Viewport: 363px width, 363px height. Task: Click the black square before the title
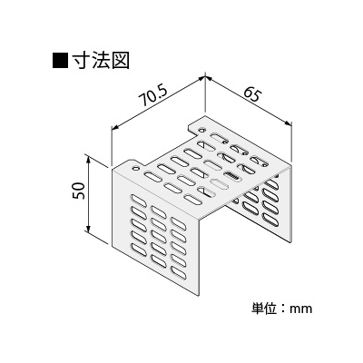pyautogui.click(x=61, y=62)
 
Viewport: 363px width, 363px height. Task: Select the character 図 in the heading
pyautogui.click(x=121, y=61)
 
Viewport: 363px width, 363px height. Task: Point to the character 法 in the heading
pyautogui.click(x=102, y=61)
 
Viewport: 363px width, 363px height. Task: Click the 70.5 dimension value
pyautogui.click(x=153, y=97)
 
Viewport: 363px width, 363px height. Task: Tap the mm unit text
pyautogui.click(x=300, y=309)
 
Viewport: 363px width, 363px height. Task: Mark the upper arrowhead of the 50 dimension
pyautogui.click(x=88, y=160)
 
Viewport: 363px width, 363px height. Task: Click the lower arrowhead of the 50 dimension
pyautogui.click(x=88, y=229)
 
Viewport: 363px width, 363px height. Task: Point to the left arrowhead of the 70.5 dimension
pyautogui.click(x=116, y=127)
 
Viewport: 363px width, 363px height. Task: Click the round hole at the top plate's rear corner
pyautogui.click(x=201, y=130)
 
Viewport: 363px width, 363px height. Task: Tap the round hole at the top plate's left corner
pyautogui.click(x=135, y=167)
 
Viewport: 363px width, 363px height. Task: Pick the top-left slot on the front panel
pyautogui.click(x=138, y=200)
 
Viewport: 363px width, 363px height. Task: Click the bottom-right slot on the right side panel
pyautogui.click(x=270, y=221)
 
